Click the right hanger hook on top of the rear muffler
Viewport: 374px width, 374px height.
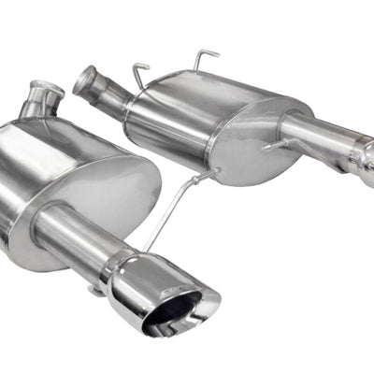click(205, 60)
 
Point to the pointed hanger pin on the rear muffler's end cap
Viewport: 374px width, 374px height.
click(272, 146)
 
